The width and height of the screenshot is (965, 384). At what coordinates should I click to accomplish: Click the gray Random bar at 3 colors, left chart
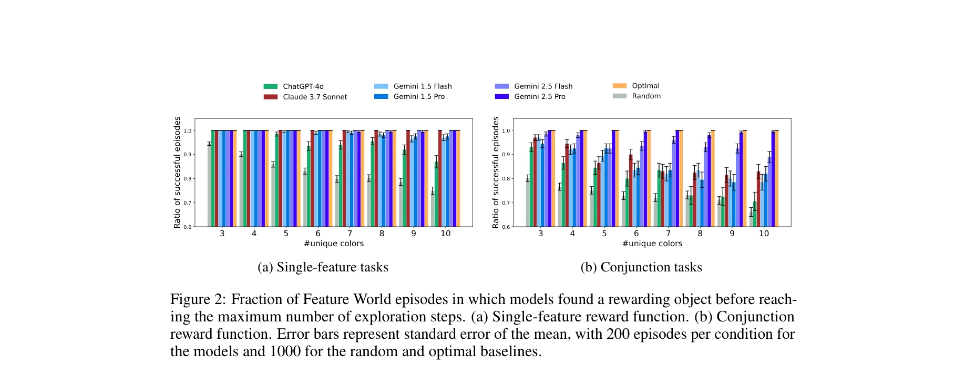209,185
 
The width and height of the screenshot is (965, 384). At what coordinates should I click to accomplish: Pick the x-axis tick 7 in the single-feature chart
350,234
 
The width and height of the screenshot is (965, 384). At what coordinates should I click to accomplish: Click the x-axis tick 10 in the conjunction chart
764,234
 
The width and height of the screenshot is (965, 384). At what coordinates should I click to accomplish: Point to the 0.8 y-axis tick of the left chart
188,179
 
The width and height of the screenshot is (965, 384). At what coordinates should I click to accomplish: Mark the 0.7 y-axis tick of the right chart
506,203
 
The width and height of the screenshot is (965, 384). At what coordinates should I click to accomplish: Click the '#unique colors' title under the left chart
334,244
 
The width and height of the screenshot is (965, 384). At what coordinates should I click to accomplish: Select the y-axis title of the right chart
495,173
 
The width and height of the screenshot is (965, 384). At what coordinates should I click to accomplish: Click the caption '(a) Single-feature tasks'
323,267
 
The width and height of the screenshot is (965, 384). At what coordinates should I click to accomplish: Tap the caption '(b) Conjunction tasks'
641,267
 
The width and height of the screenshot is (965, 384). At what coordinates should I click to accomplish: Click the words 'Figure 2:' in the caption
198,299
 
